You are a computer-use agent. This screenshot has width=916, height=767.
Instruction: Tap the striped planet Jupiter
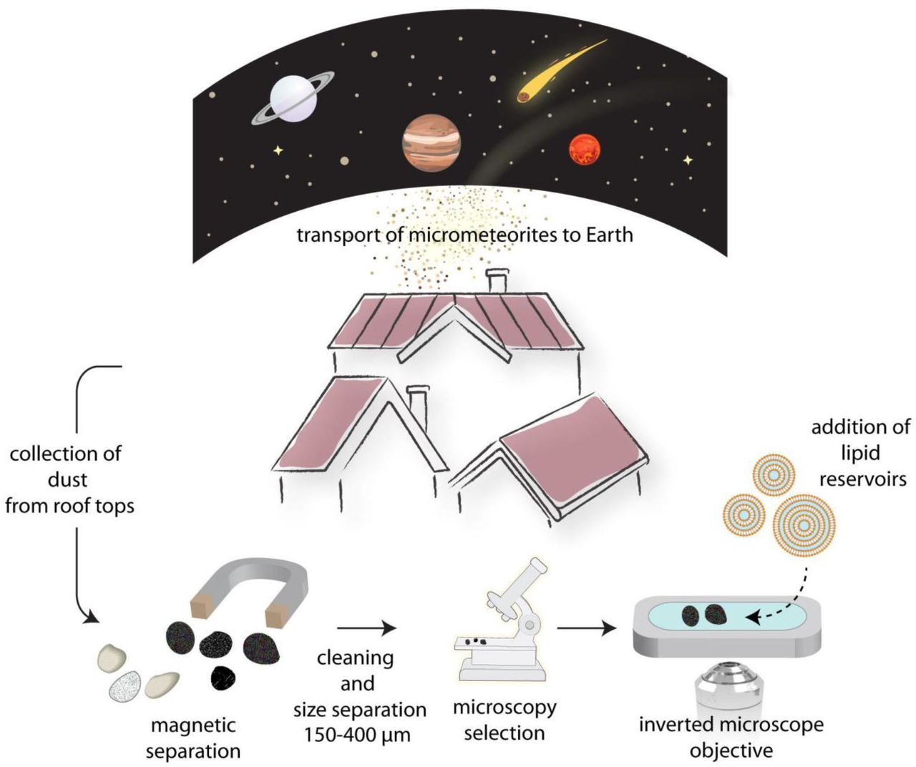[x=431, y=142]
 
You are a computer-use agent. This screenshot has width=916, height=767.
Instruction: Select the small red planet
[x=584, y=150]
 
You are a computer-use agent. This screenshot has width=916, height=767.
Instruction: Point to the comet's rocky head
[x=525, y=96]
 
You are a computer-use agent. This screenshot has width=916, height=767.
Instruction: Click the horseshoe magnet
[x=250, y=586]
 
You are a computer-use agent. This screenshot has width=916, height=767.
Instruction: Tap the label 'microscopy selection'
[x=505, y=720]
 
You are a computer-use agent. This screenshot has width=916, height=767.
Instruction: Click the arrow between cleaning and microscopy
[x=366, y=628]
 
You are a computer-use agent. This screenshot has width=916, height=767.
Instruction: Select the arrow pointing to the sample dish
[x=587, y=629]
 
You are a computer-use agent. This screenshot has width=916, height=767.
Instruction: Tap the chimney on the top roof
[x=495, y=281]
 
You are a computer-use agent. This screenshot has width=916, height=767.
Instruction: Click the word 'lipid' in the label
[x=859, y=453]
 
